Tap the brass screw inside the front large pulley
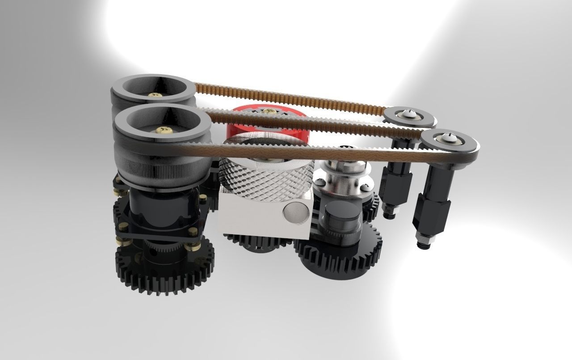(x=164, y=130)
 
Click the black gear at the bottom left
(x=165, y=268)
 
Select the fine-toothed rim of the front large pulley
(x=161, y=161)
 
